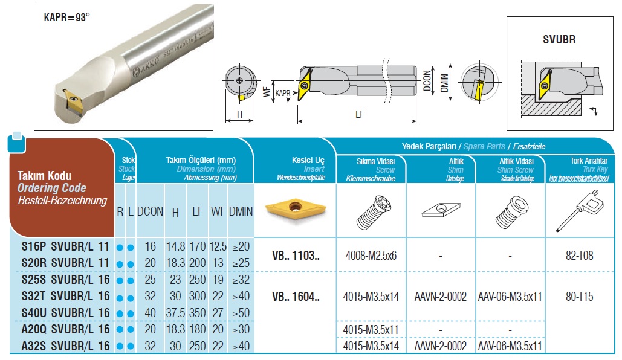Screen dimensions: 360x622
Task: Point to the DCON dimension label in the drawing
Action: point(427,80)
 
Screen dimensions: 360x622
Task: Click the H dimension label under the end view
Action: point(239,114)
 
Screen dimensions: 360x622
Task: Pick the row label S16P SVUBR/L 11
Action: point(65,246)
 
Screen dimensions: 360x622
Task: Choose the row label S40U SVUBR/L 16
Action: point(65,312)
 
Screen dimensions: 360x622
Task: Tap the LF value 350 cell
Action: point(198,312)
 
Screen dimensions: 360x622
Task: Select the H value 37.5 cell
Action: point(175,312)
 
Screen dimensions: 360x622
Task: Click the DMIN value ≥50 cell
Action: point(241,312)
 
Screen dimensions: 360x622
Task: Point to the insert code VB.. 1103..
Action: point(296,255)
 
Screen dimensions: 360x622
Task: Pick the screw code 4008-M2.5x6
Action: point(370,255)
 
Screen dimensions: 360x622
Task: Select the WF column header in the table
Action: point(218,211)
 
